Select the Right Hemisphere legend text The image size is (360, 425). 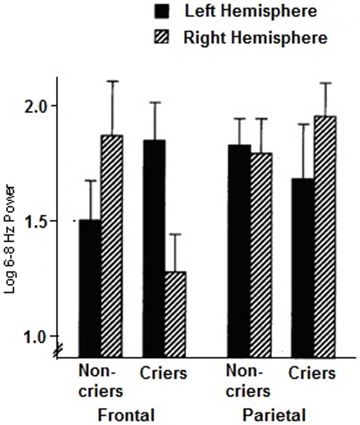(x=255, y=37)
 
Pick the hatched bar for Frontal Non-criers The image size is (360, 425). (x=112, y=246)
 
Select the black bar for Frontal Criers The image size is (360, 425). (x=154, y=248)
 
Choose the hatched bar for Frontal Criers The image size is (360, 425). (x=175, y=314)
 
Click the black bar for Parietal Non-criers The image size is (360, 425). (x=239, y=251)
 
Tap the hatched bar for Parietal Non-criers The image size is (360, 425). (x=261, y=254)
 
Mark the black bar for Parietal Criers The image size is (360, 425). (x=303, y=268)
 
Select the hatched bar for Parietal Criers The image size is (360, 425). (x=325, y=237)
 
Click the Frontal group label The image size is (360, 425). (x=126, y=415)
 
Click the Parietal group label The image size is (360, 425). (x=274, y=415)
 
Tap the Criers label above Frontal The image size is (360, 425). (x=164, y=373)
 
